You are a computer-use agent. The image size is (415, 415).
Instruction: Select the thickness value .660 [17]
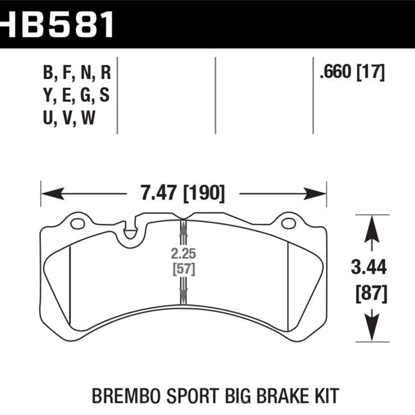click(x=352, y=73)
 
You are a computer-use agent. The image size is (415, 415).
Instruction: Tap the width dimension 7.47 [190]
click(x=184, y=194)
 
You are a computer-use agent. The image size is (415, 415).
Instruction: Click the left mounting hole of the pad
click(x=77, y=225)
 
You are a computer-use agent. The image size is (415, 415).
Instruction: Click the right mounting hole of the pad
click(x=288, y=225)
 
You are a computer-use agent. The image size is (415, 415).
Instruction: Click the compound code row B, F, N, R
click(x=76, y=73)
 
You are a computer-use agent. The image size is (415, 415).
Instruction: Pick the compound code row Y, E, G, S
click(x=76, y=96)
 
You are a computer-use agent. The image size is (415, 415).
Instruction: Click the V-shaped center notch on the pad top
click(x=184, y=218)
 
